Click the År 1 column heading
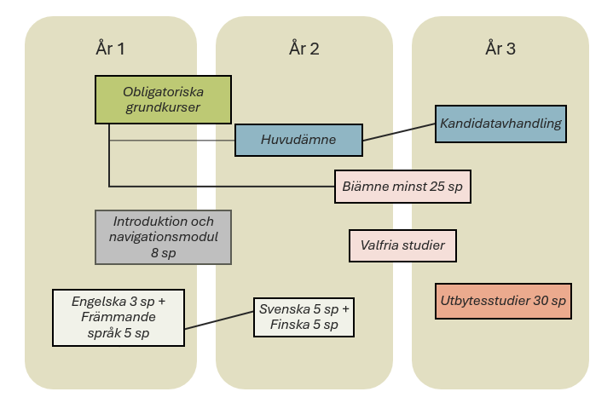pos(110,49)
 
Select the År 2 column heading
pos(304,49)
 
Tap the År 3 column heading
pos(500,49)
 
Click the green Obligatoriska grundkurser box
pos(162,99)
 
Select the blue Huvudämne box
pos(298,140)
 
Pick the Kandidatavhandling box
pos(500,124)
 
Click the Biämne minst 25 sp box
pos(402,186)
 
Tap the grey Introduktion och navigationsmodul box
pos(162,237)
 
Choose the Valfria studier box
pos(402,245)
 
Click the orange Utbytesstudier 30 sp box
pos(502,301)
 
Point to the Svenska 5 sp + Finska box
pos(304,317)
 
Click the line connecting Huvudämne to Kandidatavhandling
pos(399,131)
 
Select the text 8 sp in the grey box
pos(162,253)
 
